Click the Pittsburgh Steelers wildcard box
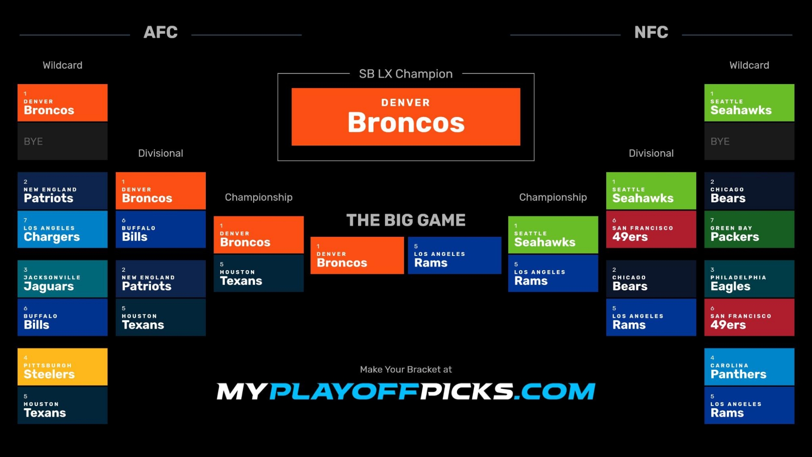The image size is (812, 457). click(63, 366)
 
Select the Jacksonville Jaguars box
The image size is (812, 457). click(63, 279)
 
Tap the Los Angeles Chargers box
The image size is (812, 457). click(63, 229)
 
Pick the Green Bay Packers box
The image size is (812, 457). click(749, 229)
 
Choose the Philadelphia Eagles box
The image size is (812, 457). click(749, 279)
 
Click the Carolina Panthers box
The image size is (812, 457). click(749, 366)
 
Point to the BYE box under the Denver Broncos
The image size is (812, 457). click(63, 141)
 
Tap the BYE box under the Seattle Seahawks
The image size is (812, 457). click(749, 141)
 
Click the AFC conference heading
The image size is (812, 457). click(161, 32)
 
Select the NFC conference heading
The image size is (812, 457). click(651, 32)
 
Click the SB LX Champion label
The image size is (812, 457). click(406, 74)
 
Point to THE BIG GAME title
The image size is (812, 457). click(406, 220)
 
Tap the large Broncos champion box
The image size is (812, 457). click(406, 117)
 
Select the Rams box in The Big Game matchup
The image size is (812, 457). click(455, 256)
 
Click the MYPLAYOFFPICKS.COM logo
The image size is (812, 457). click(406, 391)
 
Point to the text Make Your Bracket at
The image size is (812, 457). click(406, 369)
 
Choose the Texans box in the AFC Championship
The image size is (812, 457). click(259, 273)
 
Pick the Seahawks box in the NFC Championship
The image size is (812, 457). click(553, 235)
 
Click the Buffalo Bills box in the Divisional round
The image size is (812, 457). click(161, 229)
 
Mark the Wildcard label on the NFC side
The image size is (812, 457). click(749, 65)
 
